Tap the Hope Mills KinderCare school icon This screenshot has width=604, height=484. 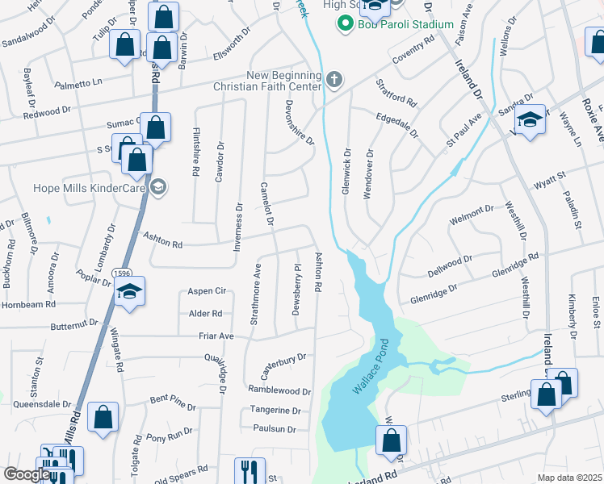click(x=158, y=188)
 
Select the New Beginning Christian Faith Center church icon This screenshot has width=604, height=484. click(x=334, y=79)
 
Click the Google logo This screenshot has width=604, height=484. click(x=26, y=474)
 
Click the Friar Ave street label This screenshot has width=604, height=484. click(x=216, y=336)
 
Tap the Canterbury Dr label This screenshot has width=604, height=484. click(x=283, y=365)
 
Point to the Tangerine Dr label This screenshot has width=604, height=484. click(x=275, y=410)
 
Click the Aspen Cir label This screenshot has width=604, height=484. click(x=205, y=290)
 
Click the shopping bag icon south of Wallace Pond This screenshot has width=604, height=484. click(x=391, y=441)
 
